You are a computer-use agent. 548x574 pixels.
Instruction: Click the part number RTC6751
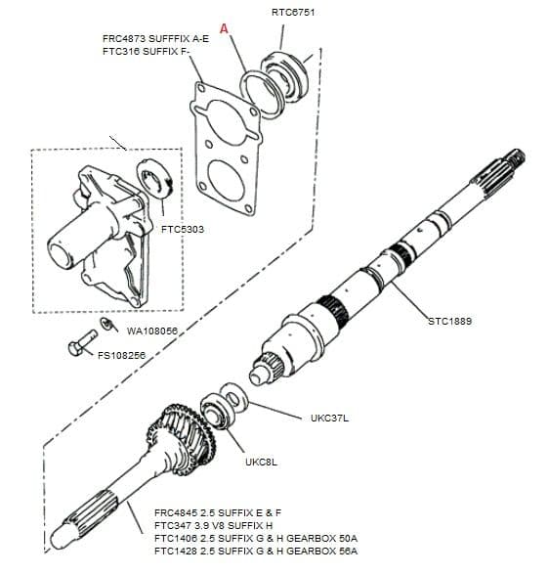[x=294, y=13]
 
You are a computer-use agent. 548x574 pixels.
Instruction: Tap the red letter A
[x=225, y=29]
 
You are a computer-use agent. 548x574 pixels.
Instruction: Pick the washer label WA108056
[x=152, y=331]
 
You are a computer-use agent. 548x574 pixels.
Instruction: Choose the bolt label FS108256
[x=123, y=356]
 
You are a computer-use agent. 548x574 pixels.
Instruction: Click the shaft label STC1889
[x=449, y=321]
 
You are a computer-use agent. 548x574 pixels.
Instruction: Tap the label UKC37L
[x=329, y=418]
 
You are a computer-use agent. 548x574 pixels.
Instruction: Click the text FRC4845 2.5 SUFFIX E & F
[x=218, y=511]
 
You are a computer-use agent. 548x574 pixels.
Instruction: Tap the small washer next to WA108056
[x=107, y=325]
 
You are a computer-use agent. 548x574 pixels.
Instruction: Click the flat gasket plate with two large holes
[x=228, y=147]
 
